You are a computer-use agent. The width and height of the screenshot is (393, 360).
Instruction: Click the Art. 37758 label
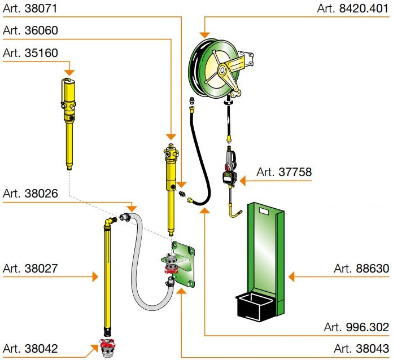pos(283,172)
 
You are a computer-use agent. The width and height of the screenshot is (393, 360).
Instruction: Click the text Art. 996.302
pos(356,327)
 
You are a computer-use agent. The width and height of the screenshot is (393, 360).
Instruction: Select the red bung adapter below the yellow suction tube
pos(105,345)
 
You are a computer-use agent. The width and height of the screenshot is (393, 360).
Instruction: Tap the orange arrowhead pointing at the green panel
pos(292,276)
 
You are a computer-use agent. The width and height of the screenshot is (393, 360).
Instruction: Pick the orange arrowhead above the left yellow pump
pos(69,72)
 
